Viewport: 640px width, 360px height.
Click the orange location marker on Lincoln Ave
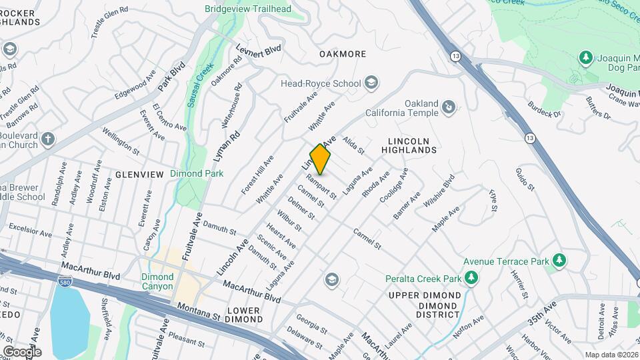[x=321, y=159]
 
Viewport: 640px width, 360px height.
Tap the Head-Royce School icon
[x=371, y=83]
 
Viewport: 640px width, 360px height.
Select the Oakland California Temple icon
[x=449, y=106]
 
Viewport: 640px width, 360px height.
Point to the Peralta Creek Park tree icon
[x=471, y=277]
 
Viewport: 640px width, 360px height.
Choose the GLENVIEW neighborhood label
[x=139, y=174]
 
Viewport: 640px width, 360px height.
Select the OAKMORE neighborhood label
[x=343, y=53]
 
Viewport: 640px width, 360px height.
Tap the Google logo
[x=21, y=351]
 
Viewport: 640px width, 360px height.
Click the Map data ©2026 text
[x=611, y=355]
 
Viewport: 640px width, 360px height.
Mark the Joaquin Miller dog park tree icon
[x=586, y=57]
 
